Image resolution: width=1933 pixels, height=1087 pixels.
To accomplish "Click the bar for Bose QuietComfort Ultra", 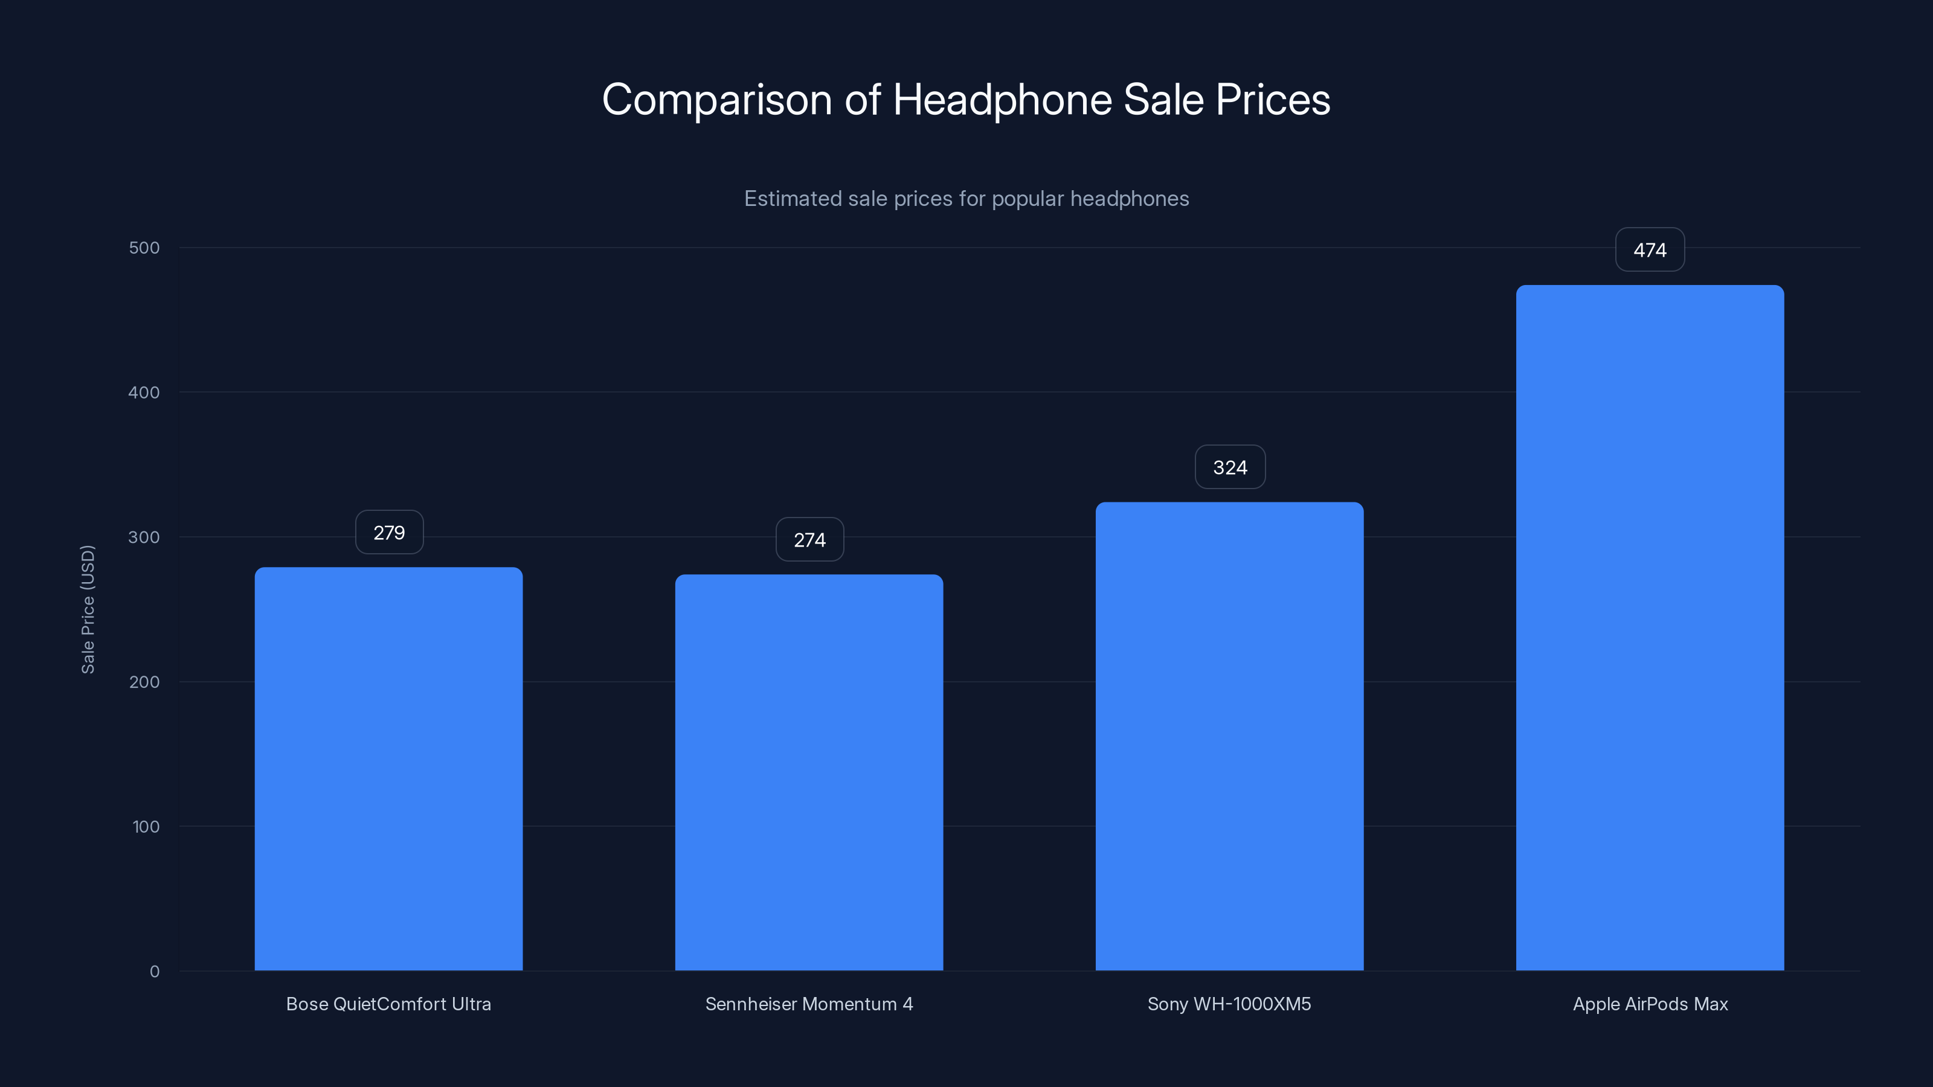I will (388, 769).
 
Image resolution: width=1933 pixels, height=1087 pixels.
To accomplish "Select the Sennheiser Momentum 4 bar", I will (809, 773).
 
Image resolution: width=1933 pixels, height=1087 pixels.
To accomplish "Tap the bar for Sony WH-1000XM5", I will (1229, 736).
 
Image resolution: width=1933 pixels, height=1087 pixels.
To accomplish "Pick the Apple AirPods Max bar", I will (1649, 627).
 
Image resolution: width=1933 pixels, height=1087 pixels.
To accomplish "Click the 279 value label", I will (388, 533).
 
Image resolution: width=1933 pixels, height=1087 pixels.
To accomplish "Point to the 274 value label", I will (809, 540).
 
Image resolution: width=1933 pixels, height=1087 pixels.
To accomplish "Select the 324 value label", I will (1230, 467).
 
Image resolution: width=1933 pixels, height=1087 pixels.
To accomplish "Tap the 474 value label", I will (1649, 250).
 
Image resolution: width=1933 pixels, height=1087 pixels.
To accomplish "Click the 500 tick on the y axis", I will (144, 248).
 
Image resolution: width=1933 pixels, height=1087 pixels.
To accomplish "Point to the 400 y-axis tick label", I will (144, 393).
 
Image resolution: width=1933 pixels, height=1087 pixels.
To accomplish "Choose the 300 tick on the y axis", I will (144, 537).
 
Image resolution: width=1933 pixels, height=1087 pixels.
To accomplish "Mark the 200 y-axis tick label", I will (144, 682).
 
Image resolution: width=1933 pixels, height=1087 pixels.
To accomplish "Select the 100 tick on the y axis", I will (146, 827).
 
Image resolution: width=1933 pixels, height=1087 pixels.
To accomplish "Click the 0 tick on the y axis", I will (155, 972).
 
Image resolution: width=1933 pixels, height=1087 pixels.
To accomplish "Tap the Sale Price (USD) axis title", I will (88, 609).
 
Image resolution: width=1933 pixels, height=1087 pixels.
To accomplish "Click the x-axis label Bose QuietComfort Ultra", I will (388, 1004).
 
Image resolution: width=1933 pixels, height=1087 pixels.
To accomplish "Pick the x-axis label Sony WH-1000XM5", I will (1229, 1004).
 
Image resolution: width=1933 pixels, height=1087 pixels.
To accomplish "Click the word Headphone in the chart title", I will (1002, 99).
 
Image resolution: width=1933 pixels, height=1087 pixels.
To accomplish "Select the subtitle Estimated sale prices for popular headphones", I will (966, 199).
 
